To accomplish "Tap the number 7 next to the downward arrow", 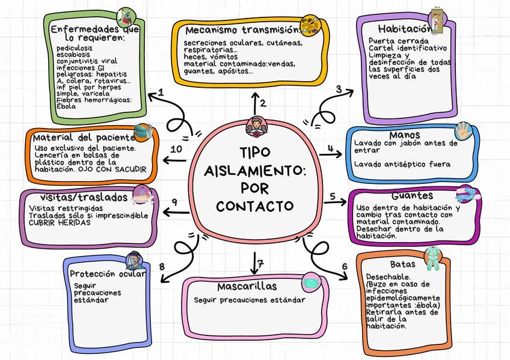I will click(261, 263).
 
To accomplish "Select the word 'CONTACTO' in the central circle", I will click(255, 206).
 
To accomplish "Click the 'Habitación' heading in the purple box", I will click(405, 28).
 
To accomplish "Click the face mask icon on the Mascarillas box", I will click(311, 281).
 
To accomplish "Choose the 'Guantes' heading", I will click(412, 197).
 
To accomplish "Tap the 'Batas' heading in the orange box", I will click(402, 264).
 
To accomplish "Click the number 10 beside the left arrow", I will click(177, 148).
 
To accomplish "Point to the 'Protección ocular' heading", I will click(107, 274).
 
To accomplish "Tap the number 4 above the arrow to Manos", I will click(330, 148).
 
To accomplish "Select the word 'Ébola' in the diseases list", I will click(66, 106).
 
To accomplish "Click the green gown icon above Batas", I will click(432, 258).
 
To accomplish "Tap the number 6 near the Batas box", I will click(345, 267).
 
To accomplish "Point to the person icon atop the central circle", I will click(254, 127).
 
